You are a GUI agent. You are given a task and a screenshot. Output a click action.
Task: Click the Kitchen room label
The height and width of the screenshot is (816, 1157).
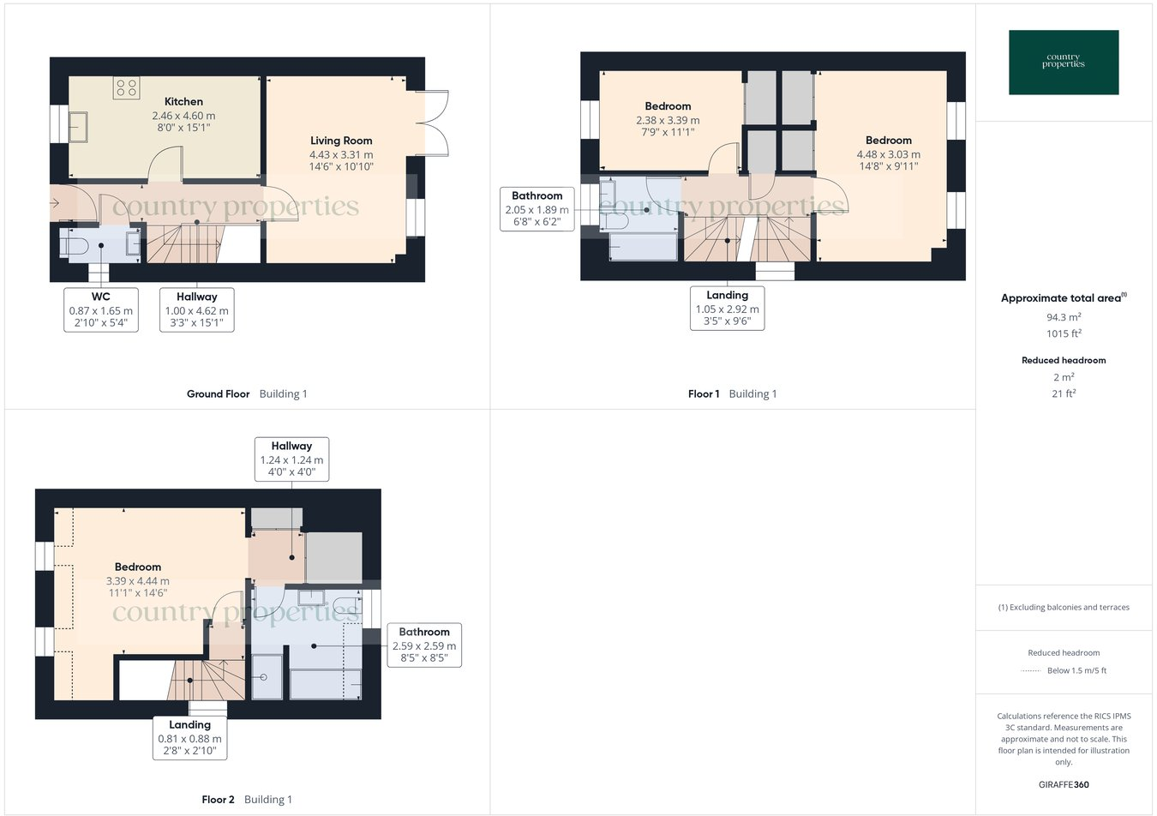[183, 101]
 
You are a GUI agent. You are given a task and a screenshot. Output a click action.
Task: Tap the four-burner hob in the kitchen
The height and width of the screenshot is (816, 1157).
[126, 88]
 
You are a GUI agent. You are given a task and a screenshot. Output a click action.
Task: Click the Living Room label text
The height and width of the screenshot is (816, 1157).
[341, 141]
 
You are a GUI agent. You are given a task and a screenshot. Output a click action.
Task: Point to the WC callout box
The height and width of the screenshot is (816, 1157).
[101, 309]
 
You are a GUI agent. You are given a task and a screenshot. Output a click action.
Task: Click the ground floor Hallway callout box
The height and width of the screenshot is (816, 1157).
[197, 309]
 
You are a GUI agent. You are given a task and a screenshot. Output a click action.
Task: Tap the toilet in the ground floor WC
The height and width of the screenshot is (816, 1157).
[75, 247]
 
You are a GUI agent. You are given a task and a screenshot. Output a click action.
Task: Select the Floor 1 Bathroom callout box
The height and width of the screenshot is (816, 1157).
[537, 209]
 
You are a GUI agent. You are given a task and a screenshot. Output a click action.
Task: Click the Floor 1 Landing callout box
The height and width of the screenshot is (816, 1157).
[728, 308]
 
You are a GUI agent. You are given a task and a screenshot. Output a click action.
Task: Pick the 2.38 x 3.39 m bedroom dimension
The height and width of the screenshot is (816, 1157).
[668, 121]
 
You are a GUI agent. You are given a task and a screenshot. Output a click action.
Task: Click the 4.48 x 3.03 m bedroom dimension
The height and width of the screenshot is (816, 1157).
[889, 154]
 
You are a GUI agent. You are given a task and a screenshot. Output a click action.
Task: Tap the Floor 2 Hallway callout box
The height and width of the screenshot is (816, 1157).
[291, 459]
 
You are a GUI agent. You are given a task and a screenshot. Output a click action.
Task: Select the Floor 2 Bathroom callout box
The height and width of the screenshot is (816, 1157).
[424, 645]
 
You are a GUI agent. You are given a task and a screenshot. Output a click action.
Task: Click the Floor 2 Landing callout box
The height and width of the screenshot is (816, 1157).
[189, 738]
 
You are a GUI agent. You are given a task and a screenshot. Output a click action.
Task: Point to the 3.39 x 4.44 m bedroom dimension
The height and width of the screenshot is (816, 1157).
[138, 580]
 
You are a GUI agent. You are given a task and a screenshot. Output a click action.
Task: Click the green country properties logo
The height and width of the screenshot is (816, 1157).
[1064, 62]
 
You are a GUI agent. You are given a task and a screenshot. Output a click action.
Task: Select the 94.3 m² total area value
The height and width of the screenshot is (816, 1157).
[1064, 317]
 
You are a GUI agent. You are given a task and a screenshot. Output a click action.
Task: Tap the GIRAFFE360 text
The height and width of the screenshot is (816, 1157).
[1064, 784]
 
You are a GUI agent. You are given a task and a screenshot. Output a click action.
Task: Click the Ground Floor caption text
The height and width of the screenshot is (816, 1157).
[219, 394]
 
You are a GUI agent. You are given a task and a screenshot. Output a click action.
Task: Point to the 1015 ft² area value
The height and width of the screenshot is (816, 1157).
[1064, 334]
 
